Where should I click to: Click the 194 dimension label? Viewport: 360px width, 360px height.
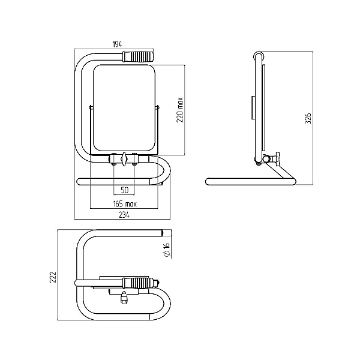(x=118, y=44)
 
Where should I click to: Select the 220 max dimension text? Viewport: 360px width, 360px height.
(x=180, y=110)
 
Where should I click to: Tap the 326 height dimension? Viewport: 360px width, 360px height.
(x=308, y=118)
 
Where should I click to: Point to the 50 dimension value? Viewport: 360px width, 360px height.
(x=124, y=190)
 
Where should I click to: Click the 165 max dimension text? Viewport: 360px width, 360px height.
(x=125, y=204)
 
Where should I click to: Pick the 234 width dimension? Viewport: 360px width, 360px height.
(x=124, y=215)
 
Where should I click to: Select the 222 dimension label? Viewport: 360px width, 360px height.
(x=53, y=277)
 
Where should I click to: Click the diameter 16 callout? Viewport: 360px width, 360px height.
(x=167, y=250)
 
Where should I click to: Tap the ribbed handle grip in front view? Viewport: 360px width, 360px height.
(x=138, y=56)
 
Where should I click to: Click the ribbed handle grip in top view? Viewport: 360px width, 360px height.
(x=139, y=283)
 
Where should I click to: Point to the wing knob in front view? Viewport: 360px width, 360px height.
(x=124, y=158)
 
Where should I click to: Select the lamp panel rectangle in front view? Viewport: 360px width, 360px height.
(x=124, y=108)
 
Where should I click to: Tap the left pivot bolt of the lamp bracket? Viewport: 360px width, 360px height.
(x=91, y=107)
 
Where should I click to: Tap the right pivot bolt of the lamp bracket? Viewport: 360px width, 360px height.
(x=158, y=107)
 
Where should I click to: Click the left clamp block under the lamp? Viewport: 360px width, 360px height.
(x=113, y=158)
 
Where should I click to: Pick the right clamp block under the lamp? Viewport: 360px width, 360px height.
(x=134, y=158)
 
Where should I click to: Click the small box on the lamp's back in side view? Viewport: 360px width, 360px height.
(x=253, y=107)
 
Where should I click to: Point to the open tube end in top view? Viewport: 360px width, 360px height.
(x=163, y=233)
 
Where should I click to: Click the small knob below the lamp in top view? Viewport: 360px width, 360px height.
(x=124, y=298)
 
